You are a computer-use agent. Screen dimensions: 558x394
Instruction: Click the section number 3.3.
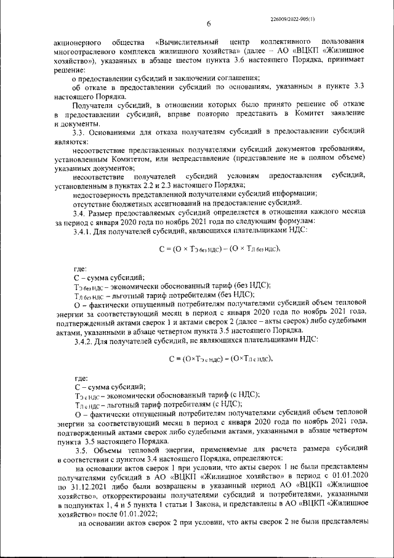80,132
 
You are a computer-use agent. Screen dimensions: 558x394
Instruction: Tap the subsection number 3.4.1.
84,229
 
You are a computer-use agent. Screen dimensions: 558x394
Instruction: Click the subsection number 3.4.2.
84,341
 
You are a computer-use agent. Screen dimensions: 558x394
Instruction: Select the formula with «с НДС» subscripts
220,359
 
